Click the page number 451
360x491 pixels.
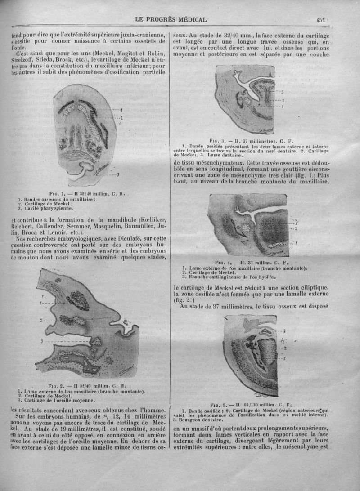pyautogui.click(x=320, y=19)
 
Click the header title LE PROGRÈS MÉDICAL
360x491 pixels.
pyautogui.click(x=171, y=19)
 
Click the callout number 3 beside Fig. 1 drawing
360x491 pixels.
pyautogui.click(x=117, y=174)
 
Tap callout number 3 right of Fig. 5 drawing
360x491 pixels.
pyautogui.click(x=284, y=331)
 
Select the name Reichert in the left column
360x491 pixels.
pyautogui.click(x=22, y=227)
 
